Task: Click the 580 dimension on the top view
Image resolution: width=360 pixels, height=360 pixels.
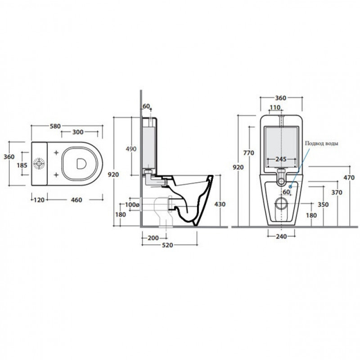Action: (55, 126)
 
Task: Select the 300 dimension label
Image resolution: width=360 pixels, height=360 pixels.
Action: (78, 132)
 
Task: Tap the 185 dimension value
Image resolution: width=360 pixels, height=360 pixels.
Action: (22, 165)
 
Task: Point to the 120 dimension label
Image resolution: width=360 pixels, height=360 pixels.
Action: (39, 200)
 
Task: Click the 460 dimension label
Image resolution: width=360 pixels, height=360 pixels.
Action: (76, 200)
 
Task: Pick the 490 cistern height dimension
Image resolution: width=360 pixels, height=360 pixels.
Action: (131, 149)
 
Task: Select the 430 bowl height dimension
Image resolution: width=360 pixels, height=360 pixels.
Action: (220, 204)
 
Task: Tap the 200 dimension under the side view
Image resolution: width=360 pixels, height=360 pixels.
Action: (153, 238)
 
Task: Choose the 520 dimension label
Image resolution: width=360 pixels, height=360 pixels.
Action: (167, 245)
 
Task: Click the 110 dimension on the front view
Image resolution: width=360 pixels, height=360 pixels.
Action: (275, 108)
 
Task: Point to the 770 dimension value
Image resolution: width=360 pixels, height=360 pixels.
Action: (249, 153)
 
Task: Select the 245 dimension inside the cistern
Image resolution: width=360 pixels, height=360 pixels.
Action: (281, 159)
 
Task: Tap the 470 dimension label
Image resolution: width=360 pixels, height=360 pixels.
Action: (349, 177)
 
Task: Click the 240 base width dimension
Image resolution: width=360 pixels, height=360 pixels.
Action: (282, 237)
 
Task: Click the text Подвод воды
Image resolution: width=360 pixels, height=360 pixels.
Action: (321, 144)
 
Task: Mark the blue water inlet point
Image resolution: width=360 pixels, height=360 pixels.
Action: (290, 187)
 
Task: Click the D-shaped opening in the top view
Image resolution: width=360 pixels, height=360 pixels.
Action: (81, 164)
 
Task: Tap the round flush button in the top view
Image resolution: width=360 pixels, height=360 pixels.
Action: (39, 164)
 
